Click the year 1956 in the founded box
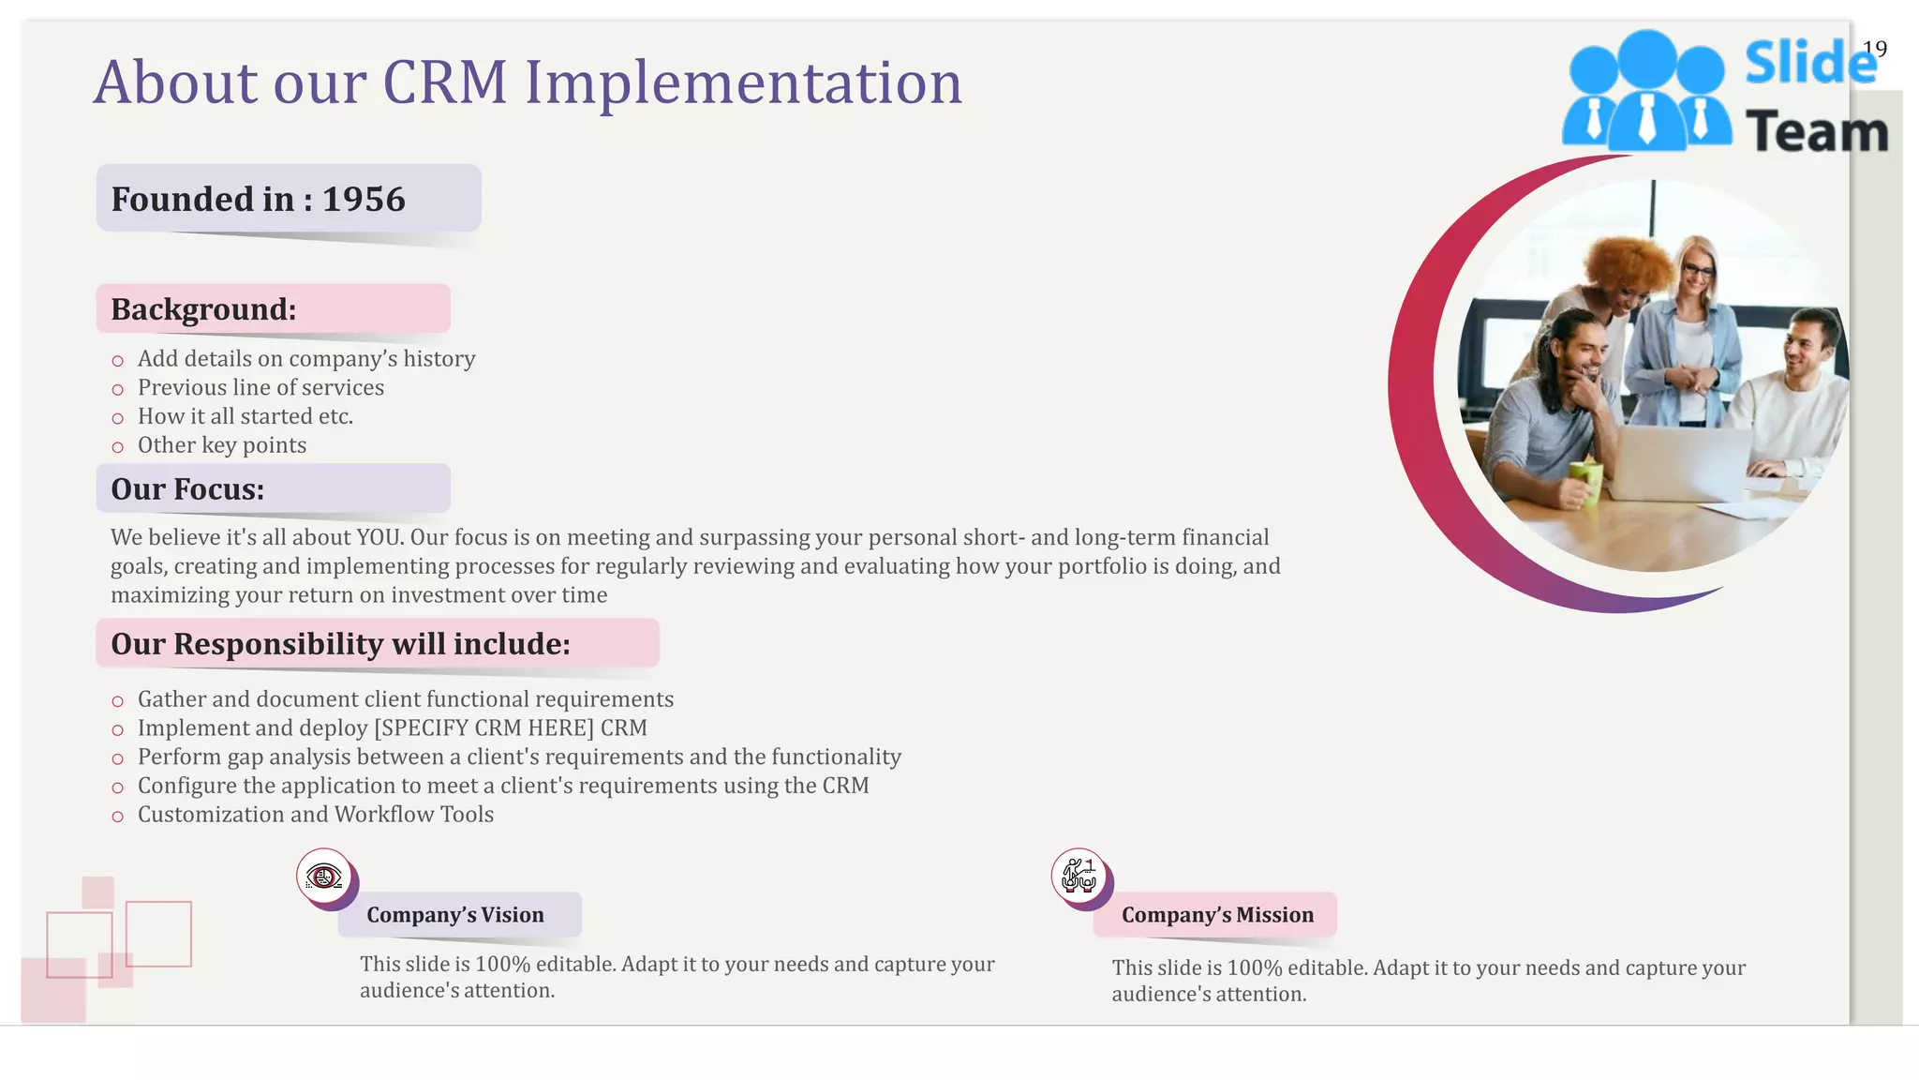[364, 200]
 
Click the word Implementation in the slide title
[743, 82]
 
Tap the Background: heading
[203, 309]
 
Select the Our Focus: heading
[187, 489]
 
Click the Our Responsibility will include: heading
[340, 644]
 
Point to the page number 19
[1874, 49]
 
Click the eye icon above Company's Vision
[324, 877]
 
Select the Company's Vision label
[455, 915]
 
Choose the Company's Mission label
[1217, 915]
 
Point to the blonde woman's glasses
[1697, 272]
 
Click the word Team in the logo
[1816, 132]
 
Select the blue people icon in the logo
[1646, 94]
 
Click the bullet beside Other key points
[117, 447]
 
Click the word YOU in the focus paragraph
[379, 537]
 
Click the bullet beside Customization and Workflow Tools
[117, 817]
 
